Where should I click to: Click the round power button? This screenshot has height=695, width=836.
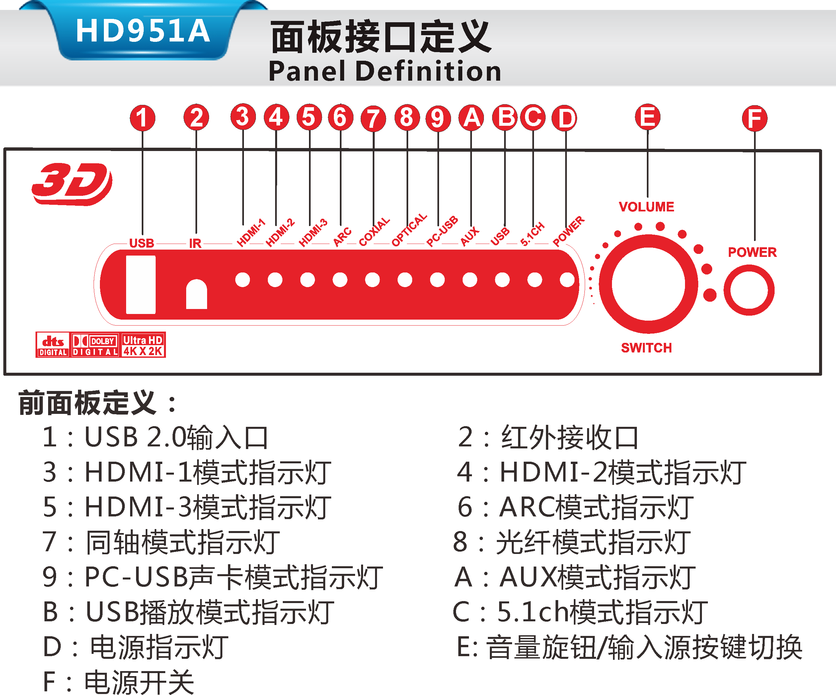coord(749,290)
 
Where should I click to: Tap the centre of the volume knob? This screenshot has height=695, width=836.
coord(648,284)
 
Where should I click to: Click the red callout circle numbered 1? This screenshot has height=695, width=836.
coord(142,118)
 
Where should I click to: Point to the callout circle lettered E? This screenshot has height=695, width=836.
coord(647,117)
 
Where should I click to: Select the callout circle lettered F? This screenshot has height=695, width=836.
coord(754,118)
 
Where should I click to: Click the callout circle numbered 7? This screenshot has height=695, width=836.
coord(373,118)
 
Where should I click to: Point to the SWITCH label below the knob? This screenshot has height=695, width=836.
coord(646,347)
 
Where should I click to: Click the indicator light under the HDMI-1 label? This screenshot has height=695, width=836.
coord(243,279)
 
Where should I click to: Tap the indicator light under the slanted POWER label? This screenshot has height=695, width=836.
coord(567,279)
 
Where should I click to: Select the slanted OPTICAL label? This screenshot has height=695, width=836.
coord(409,230)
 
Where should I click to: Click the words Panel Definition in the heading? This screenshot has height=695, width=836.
coord(385,71)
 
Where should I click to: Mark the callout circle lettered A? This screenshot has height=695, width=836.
coord(471,118)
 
